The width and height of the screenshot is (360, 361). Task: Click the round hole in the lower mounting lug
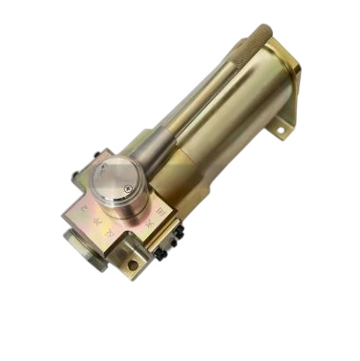click(x=133, y=262)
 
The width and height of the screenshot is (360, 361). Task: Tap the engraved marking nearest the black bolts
click(x=153, y=225)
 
